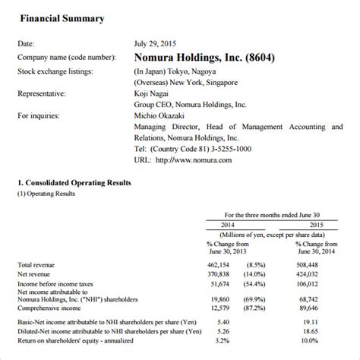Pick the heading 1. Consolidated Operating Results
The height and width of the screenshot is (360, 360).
click(x=74, y=183)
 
